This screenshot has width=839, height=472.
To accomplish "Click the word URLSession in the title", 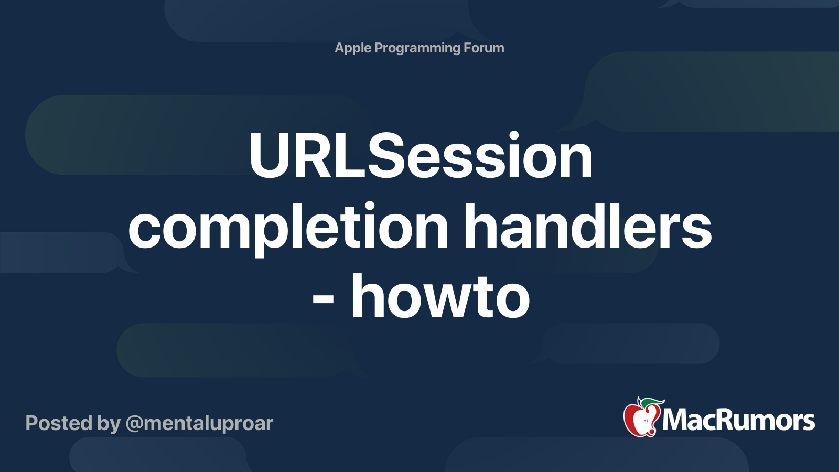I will point(421,156).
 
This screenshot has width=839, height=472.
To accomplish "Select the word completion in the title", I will point(288,227).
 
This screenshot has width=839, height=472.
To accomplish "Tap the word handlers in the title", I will point(587,227).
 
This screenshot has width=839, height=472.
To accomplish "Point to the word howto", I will point(440,297).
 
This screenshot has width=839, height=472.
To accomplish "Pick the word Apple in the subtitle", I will point(353,48).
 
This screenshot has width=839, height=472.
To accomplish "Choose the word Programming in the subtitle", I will point(417,48).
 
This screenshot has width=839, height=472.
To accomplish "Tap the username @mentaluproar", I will point(199,423).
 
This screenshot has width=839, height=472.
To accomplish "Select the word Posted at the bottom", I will point(59,423).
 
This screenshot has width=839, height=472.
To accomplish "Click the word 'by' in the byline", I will point(109,424).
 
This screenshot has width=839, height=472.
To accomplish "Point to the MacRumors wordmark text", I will point(738,420).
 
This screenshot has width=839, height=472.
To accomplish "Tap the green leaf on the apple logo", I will point(650,403).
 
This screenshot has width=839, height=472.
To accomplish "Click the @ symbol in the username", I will point(134,424).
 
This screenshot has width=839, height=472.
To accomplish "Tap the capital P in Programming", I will point(379,48).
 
